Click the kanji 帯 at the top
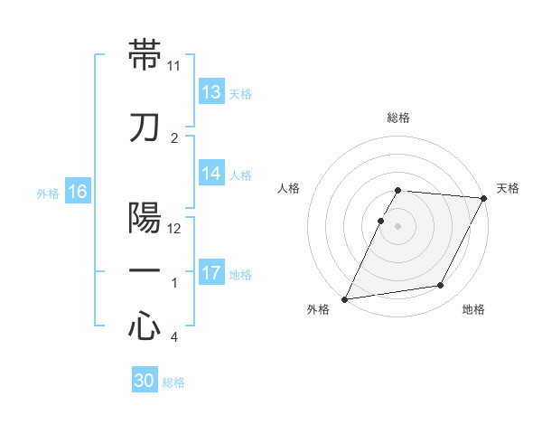[x=145, y=54]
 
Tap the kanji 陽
[x=145, y=217]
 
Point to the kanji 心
[x=145, y=326]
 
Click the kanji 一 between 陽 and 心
[x=145, y=270]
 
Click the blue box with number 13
[x=211, y=92]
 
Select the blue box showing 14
[x=211, y=174]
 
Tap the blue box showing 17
[x=211, y=273]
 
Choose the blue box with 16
[x=78, y=192]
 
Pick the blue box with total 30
[x=145, y=381]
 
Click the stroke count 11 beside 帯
[x=174, y=66]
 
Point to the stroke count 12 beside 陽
[x=174, y=229]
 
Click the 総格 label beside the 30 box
[x=173, y=382]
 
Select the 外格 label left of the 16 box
[x=48, y=194]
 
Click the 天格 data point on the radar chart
[x=485, y=198]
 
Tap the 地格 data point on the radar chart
[x=441, y=286]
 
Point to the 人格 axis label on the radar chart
[x=288, y=188]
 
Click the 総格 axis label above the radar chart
[x=398, y=118]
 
